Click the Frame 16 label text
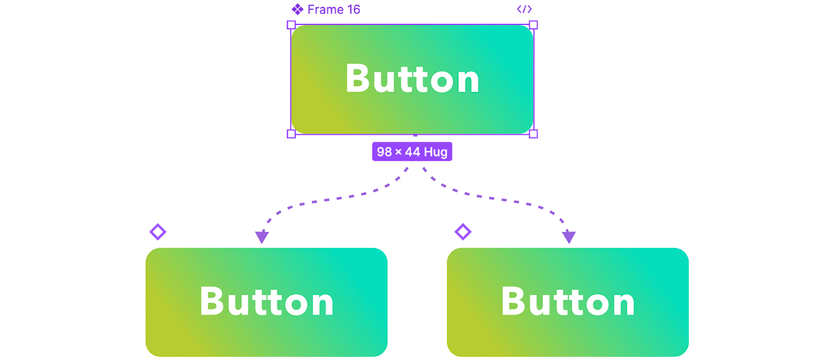click(x=334, y=9)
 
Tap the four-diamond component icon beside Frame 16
click(x=297, y=9)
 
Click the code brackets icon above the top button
click(x=524, y=9)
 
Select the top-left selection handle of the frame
click(x=291, y=25)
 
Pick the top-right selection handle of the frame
click(x=533, y=25)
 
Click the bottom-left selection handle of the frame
click(x=291, y=134)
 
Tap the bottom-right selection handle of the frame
click(x=533, y=134)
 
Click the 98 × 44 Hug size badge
click(x=413, y=152)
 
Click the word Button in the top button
click(x=413, y=79)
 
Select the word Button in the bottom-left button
click(x=267, y=302)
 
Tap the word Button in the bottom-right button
click(x=568, y=302)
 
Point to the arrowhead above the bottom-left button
click(x=262, y=237)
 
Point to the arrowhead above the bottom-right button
click(x=569, y=237)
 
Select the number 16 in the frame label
click(x=353, y=9)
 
